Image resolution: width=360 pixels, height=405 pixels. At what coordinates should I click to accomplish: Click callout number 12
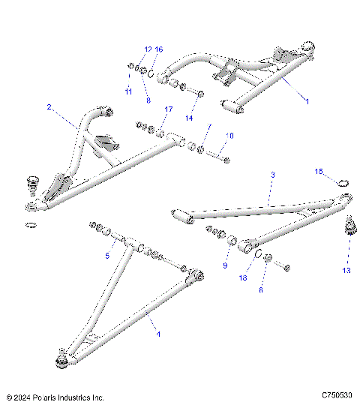148,49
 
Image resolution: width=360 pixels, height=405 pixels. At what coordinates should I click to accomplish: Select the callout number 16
158,49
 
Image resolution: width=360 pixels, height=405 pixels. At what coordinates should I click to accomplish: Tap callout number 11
128,91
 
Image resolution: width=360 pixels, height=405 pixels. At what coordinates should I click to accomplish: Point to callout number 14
190,118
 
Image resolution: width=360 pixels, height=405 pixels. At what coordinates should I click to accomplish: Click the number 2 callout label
49,107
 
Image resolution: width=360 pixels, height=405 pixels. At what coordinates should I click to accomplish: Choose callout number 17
168,109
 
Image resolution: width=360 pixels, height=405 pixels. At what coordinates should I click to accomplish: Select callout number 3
272,174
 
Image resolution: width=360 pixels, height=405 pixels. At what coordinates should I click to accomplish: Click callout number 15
318,172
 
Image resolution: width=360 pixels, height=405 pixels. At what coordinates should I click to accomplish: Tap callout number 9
224,265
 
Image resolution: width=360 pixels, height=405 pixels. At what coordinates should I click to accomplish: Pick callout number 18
242,278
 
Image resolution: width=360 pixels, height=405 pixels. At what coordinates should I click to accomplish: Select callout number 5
107,255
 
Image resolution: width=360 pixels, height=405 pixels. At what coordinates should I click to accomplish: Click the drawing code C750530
336,395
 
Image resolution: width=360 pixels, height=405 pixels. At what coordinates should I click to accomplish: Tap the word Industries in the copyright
75,397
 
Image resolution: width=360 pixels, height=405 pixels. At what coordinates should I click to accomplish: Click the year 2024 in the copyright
23,397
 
